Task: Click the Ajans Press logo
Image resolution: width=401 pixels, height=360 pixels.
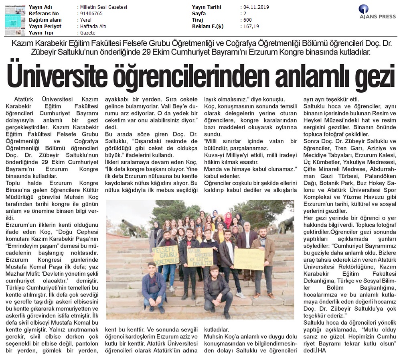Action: click(x=377, y=12)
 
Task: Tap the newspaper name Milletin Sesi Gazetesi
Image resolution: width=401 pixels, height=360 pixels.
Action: click(x=103, y=7)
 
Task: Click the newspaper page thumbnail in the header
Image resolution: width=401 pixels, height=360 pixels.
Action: click(x=15, y=19)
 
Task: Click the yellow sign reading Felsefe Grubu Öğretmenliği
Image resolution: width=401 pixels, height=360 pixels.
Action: click(x=166, y=255)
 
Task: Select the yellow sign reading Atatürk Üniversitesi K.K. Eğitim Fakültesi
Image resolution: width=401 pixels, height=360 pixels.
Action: click(x=200, y=257)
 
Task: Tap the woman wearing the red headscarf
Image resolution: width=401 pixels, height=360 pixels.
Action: click(x=228, y=220)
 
